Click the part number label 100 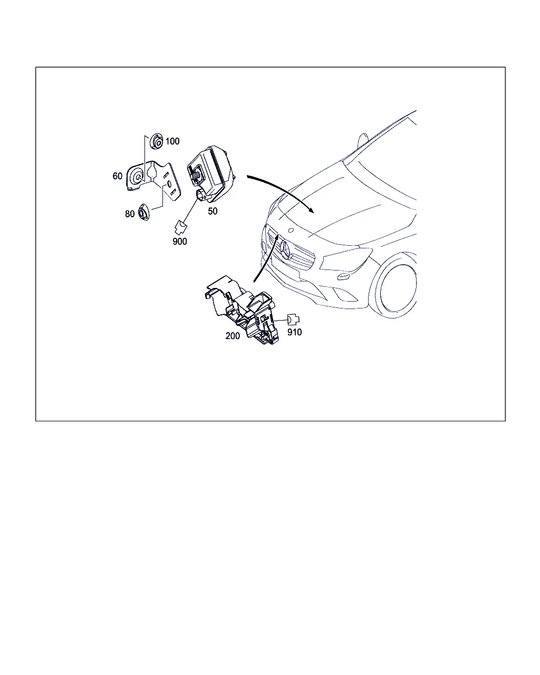(172, 141)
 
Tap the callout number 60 (118, 176)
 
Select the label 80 (130, 214)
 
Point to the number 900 (180, 242)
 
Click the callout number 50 (213, 211)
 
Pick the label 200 (233, 336)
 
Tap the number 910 (295, 332)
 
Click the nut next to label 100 (156, 141)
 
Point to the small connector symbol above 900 (180, 228)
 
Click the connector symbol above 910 (293, 320)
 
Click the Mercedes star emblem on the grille (286, 250)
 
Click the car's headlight (345, 259)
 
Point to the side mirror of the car (363, 141)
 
